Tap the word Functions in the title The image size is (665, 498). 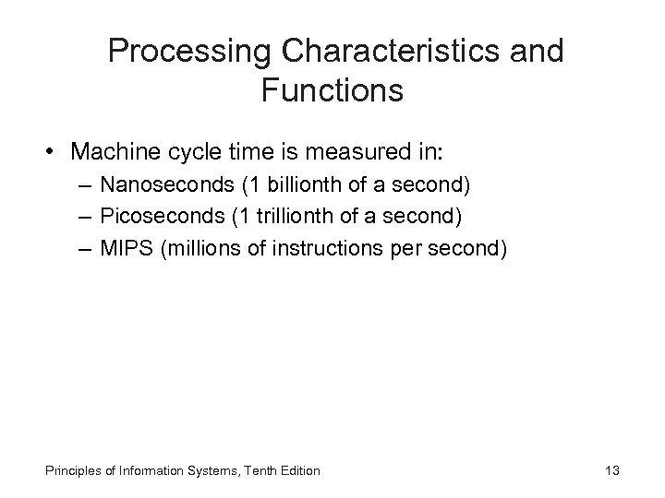click(332, 90)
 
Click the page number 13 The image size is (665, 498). click(611, 471)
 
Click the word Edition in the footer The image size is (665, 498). click(297, 471)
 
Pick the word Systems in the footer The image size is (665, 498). click(201, 471)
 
